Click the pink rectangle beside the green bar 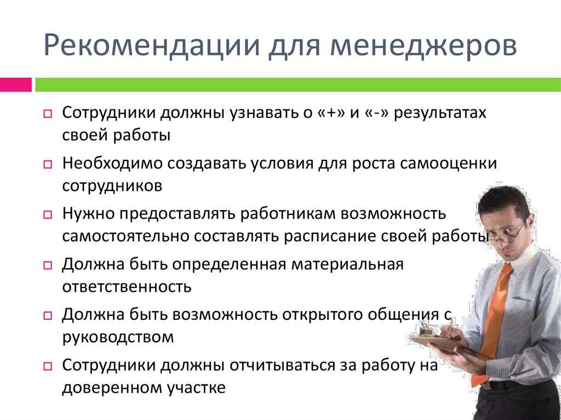pyautogui.click(x=16, y=85)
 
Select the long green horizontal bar pyautogui.click(x=298, y=85)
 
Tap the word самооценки pyautogui.click(x=448, y=164)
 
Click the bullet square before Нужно pyautogui.click(x=48, y=215)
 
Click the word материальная pyautogui.click(x=347, y=265)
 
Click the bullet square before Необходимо pyautogui.click(x=48, y=164)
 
